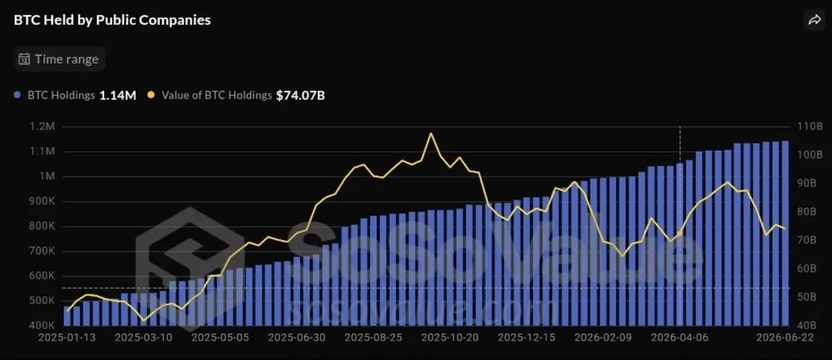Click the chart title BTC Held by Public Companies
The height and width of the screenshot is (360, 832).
[112, 20]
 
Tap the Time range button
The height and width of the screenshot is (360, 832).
[60, 59]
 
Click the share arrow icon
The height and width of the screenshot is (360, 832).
[814, 20]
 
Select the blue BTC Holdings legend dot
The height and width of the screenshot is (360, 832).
[17, 96]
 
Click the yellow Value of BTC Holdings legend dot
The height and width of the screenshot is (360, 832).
[151, 96]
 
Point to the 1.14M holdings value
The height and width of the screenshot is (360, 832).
[118, 96]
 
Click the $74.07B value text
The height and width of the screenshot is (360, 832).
[300, 96]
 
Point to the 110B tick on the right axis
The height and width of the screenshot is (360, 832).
[806, 127]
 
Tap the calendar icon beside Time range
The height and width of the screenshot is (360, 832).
[24, 59]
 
